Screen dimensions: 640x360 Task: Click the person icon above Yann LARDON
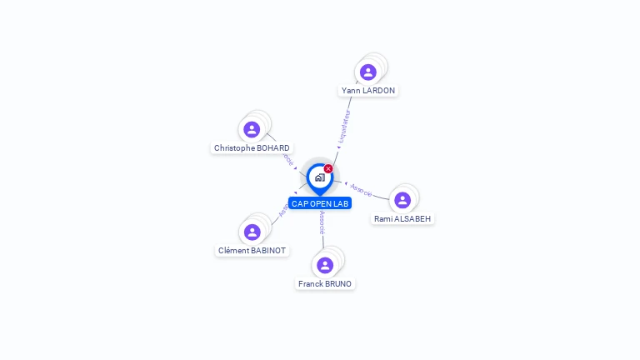[368, 72]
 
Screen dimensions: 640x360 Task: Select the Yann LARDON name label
[368, 90]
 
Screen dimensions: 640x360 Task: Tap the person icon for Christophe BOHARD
[252, 130]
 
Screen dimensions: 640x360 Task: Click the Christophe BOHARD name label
[252, 148]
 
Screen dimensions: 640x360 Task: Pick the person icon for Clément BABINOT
[252, 232]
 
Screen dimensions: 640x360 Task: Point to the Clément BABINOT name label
[252, 250]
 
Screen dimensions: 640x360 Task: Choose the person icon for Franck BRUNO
[325, 265]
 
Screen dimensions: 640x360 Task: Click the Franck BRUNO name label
[325, 283]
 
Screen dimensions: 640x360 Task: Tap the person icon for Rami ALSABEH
[402, 200]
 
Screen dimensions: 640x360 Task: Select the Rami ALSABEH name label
[403, 218]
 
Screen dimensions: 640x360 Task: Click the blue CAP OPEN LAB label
[320, 203]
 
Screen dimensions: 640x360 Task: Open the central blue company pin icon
[319, 177]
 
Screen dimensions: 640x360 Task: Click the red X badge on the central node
[328, 169]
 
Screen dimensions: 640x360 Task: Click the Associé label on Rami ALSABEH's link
[362, 189]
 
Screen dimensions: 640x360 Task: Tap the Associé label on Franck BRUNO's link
[322, 222]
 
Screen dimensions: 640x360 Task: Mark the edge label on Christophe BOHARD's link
[288, 157]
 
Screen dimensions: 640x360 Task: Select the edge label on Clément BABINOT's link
[284, 211]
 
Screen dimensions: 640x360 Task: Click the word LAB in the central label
[341, 203]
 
